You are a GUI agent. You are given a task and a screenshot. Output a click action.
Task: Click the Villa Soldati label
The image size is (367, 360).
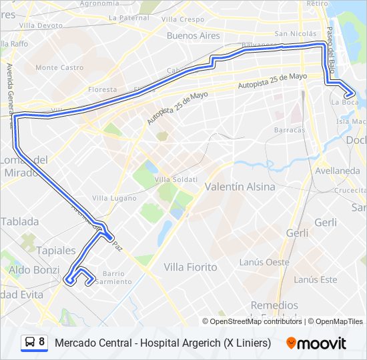coord(176,180)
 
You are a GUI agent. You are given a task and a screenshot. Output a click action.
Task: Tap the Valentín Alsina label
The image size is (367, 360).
coord(240,187)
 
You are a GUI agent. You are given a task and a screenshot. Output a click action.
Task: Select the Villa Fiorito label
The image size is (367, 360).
coord(190,267)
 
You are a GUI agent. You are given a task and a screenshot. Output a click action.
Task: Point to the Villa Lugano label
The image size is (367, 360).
coord(114,198)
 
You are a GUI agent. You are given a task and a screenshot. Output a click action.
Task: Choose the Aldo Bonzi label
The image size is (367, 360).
coord(34,269)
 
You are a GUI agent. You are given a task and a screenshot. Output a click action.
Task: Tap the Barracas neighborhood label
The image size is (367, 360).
coord(289,130)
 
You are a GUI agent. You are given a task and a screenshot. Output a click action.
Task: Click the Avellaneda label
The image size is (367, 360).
coord(338,171)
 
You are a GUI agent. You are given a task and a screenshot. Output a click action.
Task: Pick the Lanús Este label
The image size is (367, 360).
coord(315,279)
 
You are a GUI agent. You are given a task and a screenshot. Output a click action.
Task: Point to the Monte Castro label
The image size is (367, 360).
coord(59,67)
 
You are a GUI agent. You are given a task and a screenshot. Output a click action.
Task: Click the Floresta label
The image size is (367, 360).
coord(102,89)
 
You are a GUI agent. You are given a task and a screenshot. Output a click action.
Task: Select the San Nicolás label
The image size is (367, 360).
coord(296,33)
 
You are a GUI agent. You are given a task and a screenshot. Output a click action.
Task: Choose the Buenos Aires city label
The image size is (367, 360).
coord(193,35)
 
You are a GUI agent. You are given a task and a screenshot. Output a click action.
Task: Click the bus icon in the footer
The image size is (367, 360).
coord(30,343)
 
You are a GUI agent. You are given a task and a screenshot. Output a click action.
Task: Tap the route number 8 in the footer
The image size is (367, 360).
coord(42,343)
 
